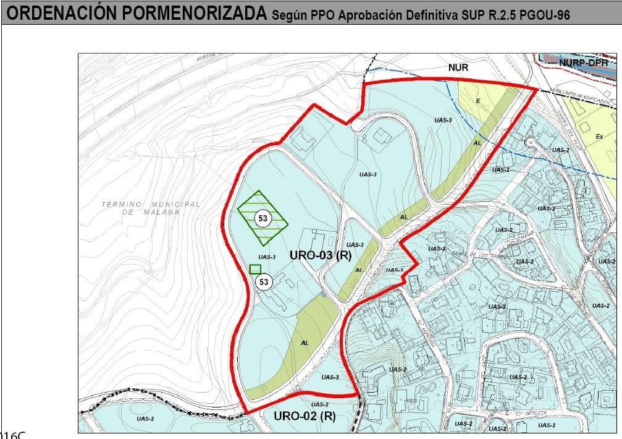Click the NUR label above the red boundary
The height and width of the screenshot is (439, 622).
point(458,67)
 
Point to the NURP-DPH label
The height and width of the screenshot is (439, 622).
point(584,62)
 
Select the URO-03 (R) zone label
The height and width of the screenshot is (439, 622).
point(320,255)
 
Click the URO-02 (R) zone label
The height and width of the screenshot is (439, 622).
point(304,416)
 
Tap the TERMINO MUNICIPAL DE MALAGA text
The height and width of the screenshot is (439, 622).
point(151,208)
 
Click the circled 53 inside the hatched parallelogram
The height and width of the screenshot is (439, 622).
point(263,218)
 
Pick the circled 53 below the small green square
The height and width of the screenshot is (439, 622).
point(264,282)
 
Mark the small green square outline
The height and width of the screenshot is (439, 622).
point(254,268)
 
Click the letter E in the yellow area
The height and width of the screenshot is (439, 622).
point(477,100)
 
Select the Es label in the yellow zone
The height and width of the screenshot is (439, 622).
point(599,137)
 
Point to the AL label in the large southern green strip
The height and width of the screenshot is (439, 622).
point(304,343)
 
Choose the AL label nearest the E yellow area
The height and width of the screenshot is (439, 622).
point(477,142)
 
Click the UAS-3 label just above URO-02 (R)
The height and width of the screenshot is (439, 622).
point(330,377)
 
